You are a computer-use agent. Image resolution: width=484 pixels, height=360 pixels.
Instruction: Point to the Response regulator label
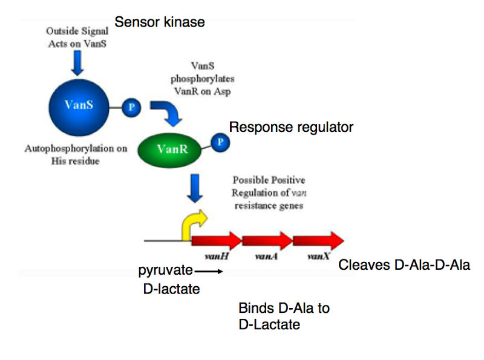pyautogui.click(x=291, y=128)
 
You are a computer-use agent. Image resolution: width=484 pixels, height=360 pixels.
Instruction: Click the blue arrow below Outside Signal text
pyautogui.click(x=77, y=62)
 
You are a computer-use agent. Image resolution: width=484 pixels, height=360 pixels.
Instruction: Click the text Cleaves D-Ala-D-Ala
pyautogui.click(x=404, y=264)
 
